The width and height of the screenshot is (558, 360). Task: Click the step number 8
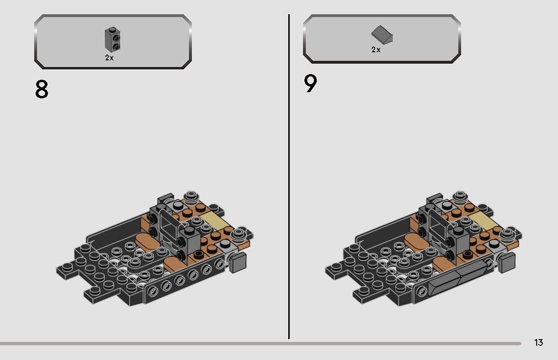(x=42, y=89)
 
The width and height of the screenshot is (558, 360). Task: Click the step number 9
(x=310, y=84)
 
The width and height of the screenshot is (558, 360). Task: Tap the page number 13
(x=538, y=342)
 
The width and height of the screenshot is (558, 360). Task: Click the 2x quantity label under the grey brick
(x=109, y=58)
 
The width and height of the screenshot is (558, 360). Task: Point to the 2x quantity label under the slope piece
(x=376, y=49)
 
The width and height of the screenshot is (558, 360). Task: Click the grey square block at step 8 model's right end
(x=238, y=262)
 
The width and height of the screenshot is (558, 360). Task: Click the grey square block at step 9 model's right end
(x=508, y=262)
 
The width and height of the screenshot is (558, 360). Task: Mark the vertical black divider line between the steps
(x=289, y=176)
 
